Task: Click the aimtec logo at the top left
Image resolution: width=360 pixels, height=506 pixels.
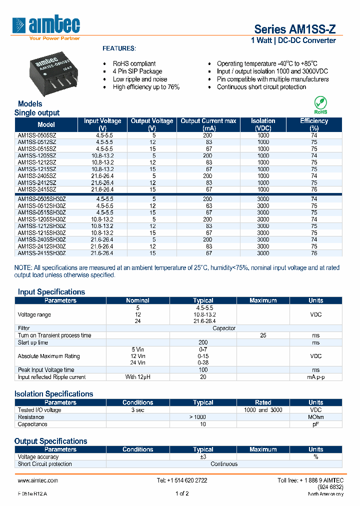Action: [x=46, y=25]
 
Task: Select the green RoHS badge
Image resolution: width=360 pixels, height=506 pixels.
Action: [x=320, y=105]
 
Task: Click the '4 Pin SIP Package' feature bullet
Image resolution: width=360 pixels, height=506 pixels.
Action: [x=137, y=71]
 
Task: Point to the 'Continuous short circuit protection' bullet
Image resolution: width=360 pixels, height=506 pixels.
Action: [x=261, y=87]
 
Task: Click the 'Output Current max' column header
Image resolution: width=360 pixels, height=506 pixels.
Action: [x=208, y=124]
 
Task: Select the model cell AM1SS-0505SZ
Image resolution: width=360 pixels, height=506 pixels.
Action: [x=37, y=135]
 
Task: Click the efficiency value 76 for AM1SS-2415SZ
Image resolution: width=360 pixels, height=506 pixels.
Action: [x=314, y=189]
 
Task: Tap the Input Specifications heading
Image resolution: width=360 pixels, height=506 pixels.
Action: [x=51, y=292]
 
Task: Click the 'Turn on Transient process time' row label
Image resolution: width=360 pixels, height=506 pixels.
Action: [x=54, y=335]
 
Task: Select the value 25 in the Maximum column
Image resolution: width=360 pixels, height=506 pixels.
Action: [x=263, y=335]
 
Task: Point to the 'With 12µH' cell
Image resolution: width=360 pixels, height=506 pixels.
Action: [x=137, y=377]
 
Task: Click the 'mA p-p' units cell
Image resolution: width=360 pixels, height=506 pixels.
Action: [x=315, y=377]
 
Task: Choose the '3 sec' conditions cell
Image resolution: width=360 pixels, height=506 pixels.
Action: [x=137, y=410]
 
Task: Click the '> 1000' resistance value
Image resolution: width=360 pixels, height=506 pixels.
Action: [x=203, y=417]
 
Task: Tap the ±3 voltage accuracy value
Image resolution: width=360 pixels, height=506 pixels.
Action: [x=203, y=457]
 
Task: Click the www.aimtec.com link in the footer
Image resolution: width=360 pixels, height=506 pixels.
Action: [x=38, y=480]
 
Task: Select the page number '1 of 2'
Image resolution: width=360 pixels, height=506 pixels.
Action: [x=182, y=494]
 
